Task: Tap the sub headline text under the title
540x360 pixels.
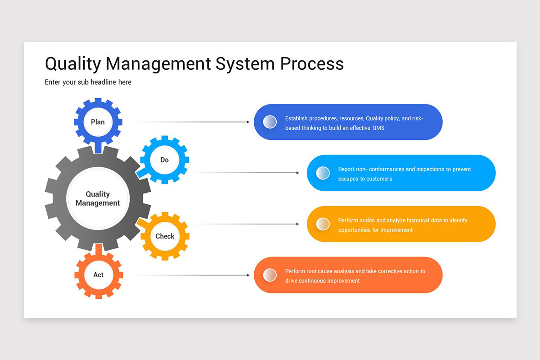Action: [88, 82]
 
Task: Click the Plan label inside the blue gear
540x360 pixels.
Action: [98, 122]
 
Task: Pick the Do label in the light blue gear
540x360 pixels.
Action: [165, 160]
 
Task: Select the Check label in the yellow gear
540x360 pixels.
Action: [165, 236]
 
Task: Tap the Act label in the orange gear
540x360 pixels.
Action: [98, 275]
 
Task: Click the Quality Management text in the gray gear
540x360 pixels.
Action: [98, 198]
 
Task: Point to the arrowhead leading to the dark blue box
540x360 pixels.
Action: [248, 122]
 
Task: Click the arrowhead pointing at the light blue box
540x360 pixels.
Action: [297, 173]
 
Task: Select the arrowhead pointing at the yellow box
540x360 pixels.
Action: [297, 224]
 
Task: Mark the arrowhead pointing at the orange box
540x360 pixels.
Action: [248, 275]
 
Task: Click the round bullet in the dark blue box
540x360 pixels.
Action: [270, 122]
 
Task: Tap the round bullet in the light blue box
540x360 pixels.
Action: [323, 173]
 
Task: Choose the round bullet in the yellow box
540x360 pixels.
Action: [323, 224]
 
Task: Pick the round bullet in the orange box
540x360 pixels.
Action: [270, 275]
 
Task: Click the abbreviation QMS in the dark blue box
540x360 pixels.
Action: [378, 128]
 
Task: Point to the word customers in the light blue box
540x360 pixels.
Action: [379, 179]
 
